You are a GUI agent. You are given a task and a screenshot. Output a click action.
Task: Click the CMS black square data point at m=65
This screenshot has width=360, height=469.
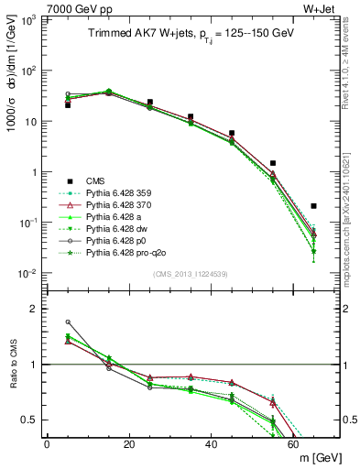(314, 206)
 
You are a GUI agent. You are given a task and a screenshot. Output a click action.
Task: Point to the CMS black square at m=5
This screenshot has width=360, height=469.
(68, 105)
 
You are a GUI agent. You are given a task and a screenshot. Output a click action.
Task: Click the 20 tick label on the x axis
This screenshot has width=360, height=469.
(129, 444)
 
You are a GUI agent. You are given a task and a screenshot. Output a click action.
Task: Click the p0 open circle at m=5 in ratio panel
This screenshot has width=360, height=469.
(68, 322)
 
